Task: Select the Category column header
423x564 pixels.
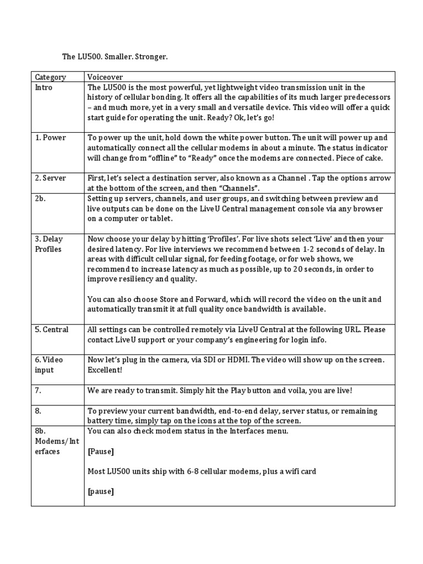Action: click(x=50, y=78)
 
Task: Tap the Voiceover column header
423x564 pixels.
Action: click(x=105, y=78)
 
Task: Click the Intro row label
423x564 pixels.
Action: click(x=44, y=88)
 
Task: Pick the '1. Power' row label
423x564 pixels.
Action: click(x=50, y=138)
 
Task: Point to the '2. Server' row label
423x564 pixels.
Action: click(x=51, y=178)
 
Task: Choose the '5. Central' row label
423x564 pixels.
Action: click(x=52, y=329)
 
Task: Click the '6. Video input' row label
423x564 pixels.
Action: click(x=49, y=365)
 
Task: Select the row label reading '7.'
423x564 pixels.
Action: click(x=38, y=390)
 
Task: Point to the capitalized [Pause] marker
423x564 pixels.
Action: click(x=101, y=451)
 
